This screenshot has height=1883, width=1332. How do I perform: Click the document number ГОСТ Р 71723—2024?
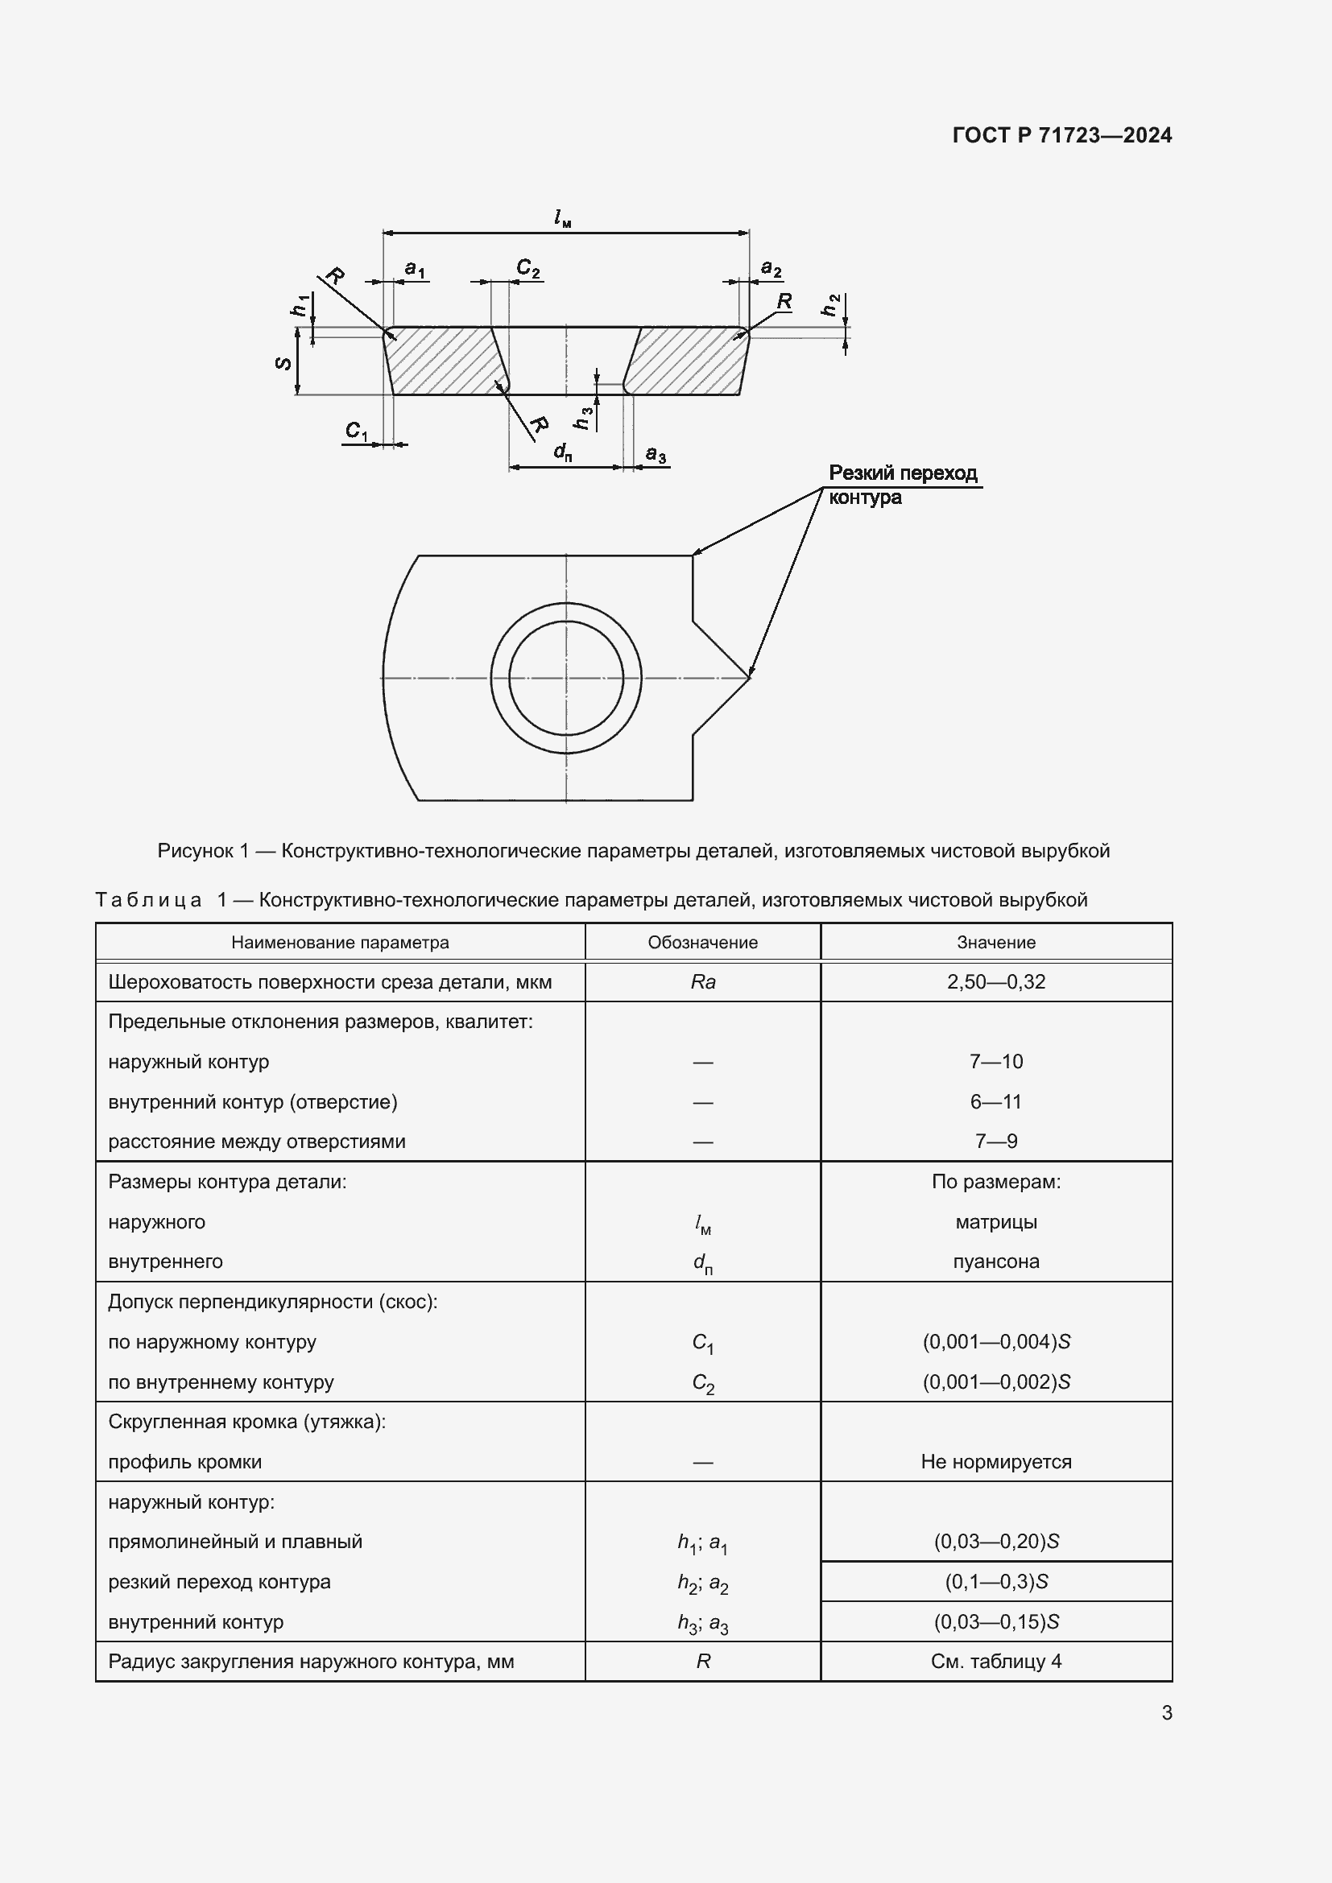(1061, 135)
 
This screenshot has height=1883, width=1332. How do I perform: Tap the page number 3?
(1166, 1712)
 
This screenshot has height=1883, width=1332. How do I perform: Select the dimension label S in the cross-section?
(283, 361)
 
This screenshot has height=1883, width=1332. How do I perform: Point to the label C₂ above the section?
(528, 267)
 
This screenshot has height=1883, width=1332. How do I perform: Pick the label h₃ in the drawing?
(583, 418)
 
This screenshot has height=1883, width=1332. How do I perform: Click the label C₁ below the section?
(357, 431)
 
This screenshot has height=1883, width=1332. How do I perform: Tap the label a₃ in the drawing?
(656, 453)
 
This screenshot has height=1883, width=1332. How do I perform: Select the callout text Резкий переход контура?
(902, 485)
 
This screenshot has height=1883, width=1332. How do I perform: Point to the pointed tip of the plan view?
(749, 677)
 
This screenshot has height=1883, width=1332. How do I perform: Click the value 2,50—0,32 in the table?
(995, 981)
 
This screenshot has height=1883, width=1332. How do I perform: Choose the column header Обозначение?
(702, 943)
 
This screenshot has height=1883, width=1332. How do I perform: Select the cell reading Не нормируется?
(995, 1461)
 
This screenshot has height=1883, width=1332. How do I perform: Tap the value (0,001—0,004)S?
(995, 1342)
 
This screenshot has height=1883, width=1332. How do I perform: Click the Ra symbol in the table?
(703, 981)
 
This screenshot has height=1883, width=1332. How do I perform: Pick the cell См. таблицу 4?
(995, 1661)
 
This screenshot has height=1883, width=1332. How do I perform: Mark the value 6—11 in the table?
(995, 1101)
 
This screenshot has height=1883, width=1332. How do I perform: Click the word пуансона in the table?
(995, 1262)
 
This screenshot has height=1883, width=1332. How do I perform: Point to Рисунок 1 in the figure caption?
(203, 850)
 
